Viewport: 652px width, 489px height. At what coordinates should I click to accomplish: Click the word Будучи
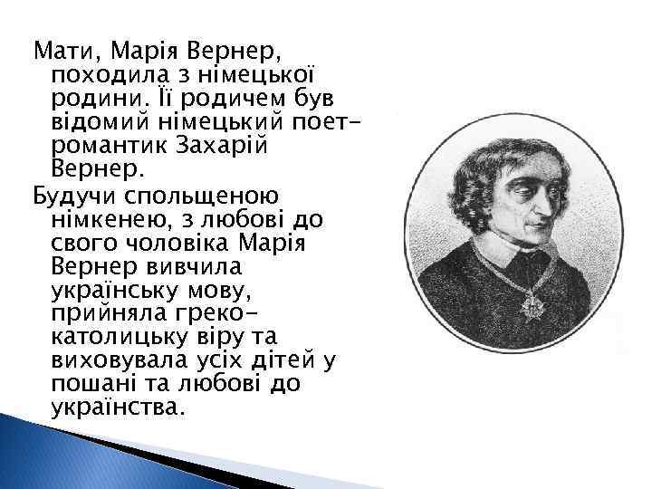click(68, 194)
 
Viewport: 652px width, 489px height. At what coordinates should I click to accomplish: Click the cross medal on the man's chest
click(530, 305)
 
